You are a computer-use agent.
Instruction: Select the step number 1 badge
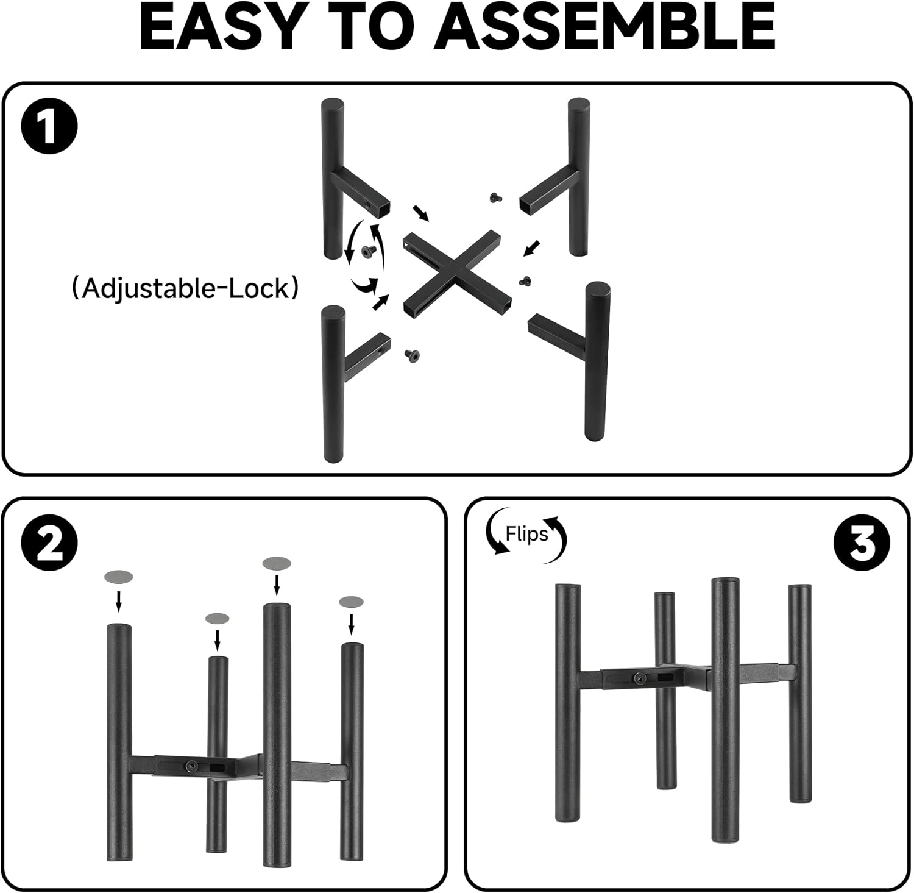(x=49, y=127)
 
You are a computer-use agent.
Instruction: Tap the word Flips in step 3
(x=526, y=534)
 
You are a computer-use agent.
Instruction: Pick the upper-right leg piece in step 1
(x=555, y=177)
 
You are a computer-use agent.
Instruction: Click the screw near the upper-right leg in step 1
(x=495, y=197)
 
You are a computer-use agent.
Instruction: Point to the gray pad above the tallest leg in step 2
(x=277, y=564)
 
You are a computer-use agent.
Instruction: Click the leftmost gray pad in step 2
(x=119, y=576)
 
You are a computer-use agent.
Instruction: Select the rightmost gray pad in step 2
(x=351, y=602)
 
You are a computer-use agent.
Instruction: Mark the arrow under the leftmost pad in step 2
(x=119, y=600)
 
